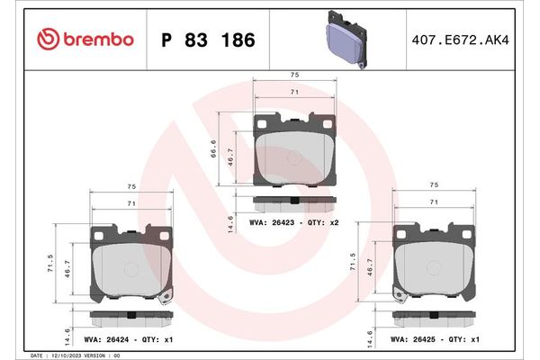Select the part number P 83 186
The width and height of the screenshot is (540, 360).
[x=207, y=40]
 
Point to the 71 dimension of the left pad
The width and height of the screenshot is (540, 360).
[x=131, y=205]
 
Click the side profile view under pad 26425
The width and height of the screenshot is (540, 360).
[x=435, y=317]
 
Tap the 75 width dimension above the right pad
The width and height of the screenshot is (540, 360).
[x=435, y=184]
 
